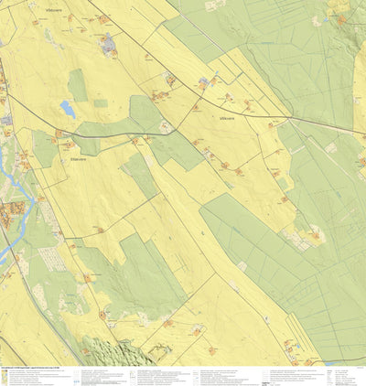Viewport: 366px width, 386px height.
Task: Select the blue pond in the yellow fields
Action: (67, 109)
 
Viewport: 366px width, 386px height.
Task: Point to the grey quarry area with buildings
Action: (109, 42)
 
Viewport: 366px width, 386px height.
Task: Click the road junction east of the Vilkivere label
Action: (289, 118)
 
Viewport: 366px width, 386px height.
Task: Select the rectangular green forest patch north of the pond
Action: (78, 85)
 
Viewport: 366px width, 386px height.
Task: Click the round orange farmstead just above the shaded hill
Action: (101, 315)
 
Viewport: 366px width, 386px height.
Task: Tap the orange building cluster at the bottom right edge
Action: (291, 346)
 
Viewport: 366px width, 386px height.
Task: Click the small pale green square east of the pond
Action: (100, 103)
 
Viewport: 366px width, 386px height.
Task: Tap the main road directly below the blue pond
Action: (69, 130)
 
